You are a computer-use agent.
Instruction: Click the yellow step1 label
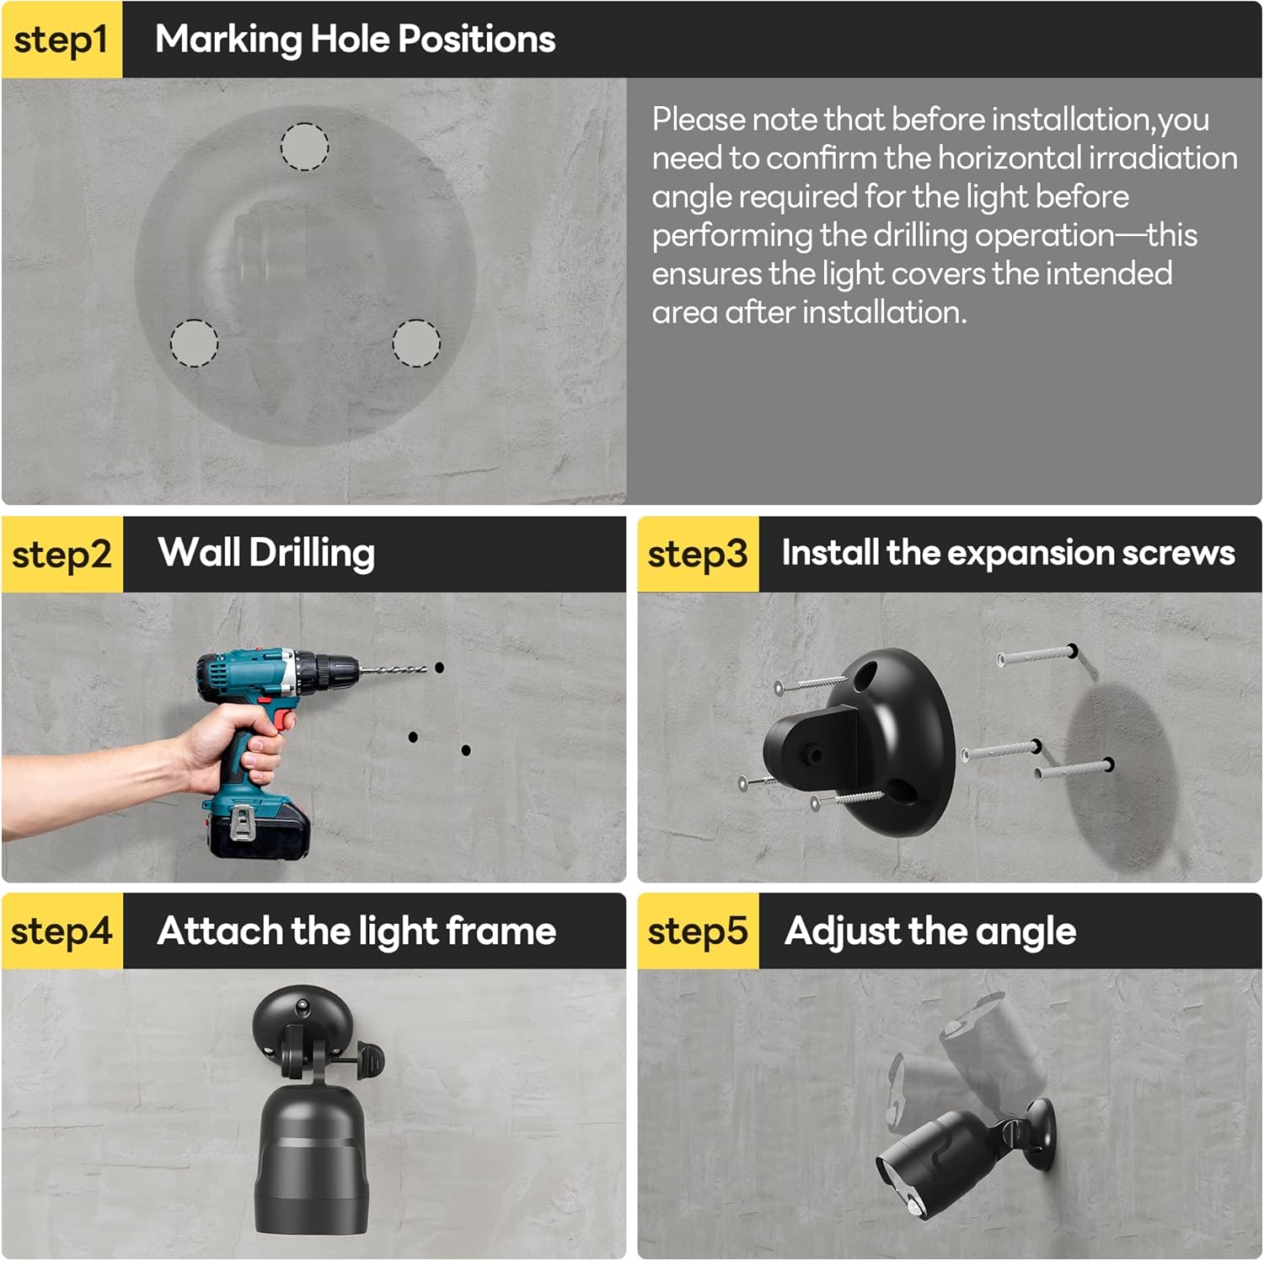tap(62, 40)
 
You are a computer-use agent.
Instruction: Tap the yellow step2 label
tap(62, 555)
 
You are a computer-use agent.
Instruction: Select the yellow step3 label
tap(698, 555)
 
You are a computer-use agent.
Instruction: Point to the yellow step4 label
tap(62, 931)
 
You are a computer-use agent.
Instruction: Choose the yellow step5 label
tap(698, 931)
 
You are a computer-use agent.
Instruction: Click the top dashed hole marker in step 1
tap(304, 147)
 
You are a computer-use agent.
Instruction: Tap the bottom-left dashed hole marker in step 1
tap(194, 343)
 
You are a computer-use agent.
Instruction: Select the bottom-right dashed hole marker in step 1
tap(416, 343)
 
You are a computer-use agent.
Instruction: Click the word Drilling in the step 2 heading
tap(312, 555)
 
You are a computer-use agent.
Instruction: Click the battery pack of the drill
tap(258, 829)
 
